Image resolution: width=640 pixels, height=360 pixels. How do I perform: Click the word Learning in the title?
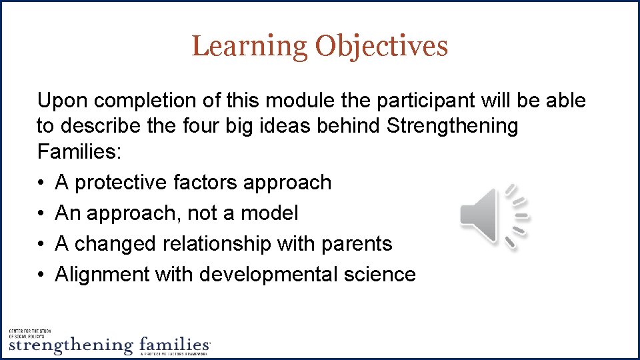pyautogui.click(x=249, y=46)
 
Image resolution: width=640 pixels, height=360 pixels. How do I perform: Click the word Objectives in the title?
pyautogui.click(x=381, y=46)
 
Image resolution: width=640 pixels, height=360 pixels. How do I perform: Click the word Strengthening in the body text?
pyautogui.click(x=452, y=126)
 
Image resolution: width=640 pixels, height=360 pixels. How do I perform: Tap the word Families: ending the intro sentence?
pyautogui.click(x=79, y=152)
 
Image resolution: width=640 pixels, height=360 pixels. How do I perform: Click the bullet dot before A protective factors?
pyautogui.click(x=41, y=183)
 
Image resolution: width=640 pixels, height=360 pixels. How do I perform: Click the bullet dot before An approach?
pyautogui.click(x=41, y=213)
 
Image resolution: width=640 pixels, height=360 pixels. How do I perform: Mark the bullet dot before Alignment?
pyautogui.click(x=41, y=275)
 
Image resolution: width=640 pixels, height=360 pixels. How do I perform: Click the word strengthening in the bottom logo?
pyautogui.click(x=71, y=346)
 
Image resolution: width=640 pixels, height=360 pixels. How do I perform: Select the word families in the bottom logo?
pyautogui.click(x=175, y=345)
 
